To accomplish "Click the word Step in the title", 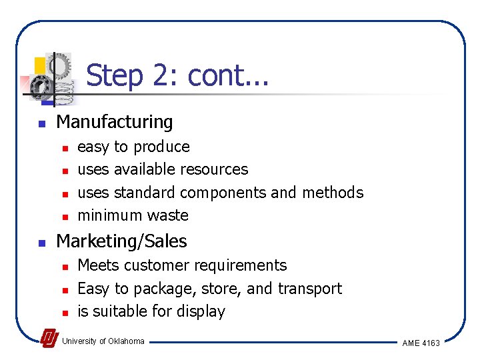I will pos(114,76).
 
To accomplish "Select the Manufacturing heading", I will pos(115,122).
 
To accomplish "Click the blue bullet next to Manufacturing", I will pos(41,123).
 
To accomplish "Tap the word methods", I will pos(333,193).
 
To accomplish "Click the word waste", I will pos(170,215).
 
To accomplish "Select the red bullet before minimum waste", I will pos(65,217).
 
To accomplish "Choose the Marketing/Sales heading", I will pos(121,241).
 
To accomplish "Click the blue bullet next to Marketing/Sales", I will pos(41,243).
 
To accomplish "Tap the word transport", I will pos(309,289).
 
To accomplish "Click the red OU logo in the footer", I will pos(49,339).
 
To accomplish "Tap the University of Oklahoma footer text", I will pos(103,341).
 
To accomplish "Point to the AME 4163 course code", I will pos(421,343).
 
